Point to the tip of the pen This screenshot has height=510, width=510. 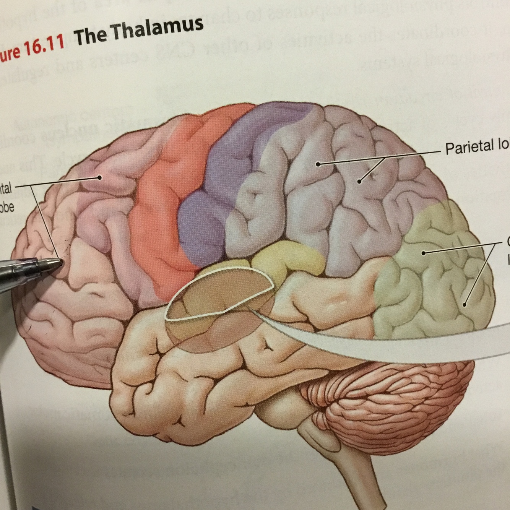pyautogui.click(x=61, y=263)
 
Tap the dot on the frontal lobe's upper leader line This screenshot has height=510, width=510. pyautogui.click(x=100, y=177)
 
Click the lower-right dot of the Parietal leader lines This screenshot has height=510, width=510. pyautogui.click(x=359, y=181)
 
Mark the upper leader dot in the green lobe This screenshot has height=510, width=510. pyautogui.click(x=423, y=253)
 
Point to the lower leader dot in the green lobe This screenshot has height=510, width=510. pyautogui.click(x=465, y=304)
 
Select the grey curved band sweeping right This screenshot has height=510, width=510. pyautogui.click(x=401, y=344)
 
